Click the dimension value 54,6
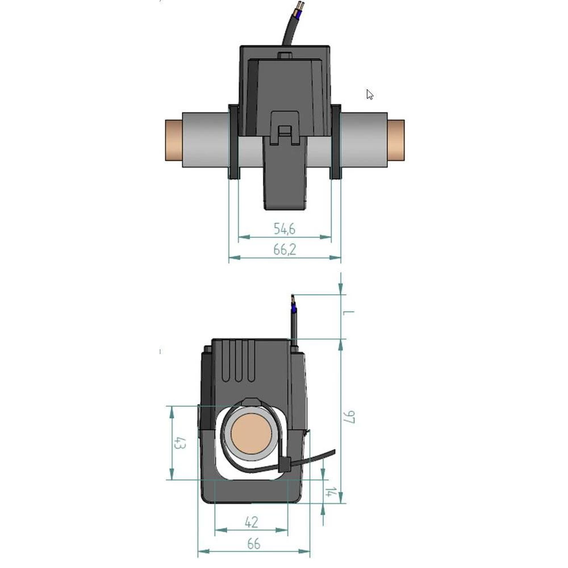[285, 229]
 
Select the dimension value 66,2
[285, 250]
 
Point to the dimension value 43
[179, 443]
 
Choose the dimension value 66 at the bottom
[253, 544]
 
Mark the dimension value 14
[329, 492]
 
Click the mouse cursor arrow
[369, 94]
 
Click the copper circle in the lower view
[250, 433]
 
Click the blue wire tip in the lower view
[293, 310]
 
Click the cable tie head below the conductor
[286, 465]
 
